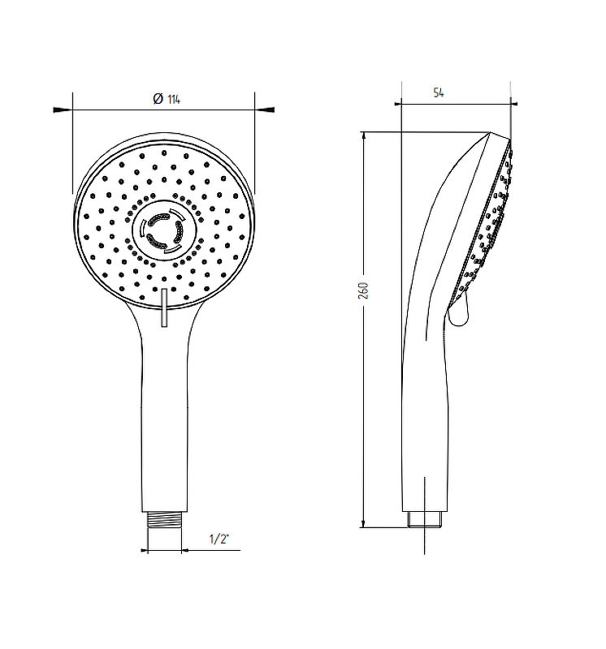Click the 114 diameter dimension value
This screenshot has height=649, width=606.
coord(174,99)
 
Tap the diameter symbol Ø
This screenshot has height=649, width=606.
coord(158,99)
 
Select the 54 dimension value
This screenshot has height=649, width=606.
coord(439,92)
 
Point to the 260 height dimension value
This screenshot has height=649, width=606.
coord(363,290)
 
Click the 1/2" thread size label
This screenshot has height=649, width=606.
coord(219,539)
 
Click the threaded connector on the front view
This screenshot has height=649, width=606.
coord(165,520)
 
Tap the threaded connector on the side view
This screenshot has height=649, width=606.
coord(425,520)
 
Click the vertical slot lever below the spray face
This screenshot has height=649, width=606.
coord(164,308)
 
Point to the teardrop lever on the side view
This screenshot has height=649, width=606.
coord(459,311)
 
